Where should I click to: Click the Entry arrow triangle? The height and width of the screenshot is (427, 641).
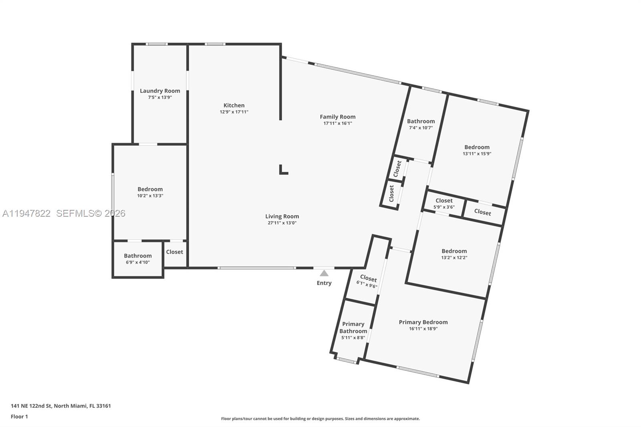324,274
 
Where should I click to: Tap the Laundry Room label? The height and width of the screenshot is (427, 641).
160,91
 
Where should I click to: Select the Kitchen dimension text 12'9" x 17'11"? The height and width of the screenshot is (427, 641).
234,112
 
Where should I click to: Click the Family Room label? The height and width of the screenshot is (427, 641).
337,117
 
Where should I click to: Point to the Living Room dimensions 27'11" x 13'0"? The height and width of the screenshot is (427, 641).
282,223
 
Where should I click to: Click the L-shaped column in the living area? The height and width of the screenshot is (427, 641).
283,170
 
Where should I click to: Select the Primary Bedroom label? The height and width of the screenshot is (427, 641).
423,322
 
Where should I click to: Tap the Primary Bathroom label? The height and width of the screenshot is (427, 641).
353,327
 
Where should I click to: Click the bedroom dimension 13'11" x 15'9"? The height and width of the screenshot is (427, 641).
477,153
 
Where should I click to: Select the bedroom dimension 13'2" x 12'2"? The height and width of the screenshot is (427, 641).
454,258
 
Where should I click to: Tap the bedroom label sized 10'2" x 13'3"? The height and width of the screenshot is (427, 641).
150,189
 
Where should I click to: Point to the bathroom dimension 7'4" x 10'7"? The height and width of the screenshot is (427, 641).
421,128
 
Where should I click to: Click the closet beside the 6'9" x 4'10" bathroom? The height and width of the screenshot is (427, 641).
174,252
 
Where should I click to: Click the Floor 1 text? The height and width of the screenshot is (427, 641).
19,417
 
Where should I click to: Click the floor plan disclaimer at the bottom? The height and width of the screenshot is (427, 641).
320,419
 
